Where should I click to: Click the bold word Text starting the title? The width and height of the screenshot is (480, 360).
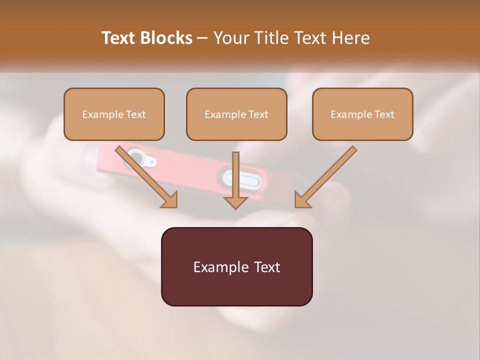click(x=120, y=38)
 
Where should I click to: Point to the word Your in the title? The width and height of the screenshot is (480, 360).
click(x=231, y=38)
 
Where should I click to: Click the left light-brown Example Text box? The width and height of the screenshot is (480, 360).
click(x=114, y=114)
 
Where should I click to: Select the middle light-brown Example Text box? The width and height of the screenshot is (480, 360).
click(x=236, y=114)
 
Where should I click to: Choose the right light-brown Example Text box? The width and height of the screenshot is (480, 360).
click(x=362, y=114)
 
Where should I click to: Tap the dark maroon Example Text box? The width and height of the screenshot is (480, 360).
click(x=236, y=266)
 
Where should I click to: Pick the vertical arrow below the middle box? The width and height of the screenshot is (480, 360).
click(x=235, y=177)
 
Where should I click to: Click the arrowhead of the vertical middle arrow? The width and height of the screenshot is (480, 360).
click(x=235, y=202)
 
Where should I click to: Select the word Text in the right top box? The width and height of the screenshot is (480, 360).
click(x=384, y=114)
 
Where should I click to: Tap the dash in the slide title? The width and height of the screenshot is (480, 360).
click(x=202, y=38)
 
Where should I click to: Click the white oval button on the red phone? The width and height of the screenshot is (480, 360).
click(x=235, y=177)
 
